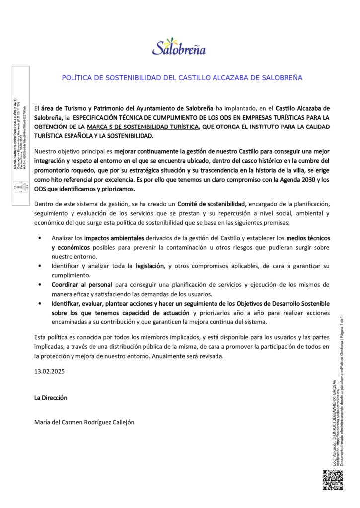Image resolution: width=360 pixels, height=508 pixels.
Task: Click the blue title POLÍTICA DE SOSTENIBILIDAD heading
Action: click(182, 78)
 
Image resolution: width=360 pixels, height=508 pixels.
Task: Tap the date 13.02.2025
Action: click(49, 371)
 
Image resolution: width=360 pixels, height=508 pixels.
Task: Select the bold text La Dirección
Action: click(51, 397)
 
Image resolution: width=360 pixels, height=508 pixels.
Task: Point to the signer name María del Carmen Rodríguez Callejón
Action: click(84, 422)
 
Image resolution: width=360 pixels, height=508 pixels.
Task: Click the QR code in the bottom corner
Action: click(333, 480)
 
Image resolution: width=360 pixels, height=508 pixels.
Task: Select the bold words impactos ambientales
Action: click(114, 238)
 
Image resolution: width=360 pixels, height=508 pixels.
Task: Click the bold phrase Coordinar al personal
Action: click(82, 285)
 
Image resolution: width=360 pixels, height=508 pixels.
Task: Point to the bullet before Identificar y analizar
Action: click(40, 266)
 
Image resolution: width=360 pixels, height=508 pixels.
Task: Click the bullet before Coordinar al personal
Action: click(40, 285)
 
